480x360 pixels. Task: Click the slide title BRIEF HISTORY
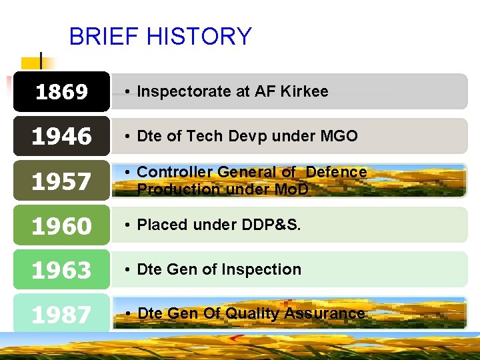tap(160, 36)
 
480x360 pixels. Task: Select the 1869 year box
tap(61, 91)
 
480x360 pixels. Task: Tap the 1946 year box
tap(61, 136)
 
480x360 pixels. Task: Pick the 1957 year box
tap(61, 181)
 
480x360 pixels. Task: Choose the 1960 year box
tap(61, 225)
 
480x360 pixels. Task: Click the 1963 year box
tap(61, 270)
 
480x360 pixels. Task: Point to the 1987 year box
tap(61, 314)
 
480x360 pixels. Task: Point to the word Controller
tap(172, 172)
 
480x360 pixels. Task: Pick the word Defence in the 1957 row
tap(336, 172)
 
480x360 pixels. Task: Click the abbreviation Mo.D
tap(292, 189)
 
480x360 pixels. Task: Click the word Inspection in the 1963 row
tap(265, 269)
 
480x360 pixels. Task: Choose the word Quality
tap(253, 313)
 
